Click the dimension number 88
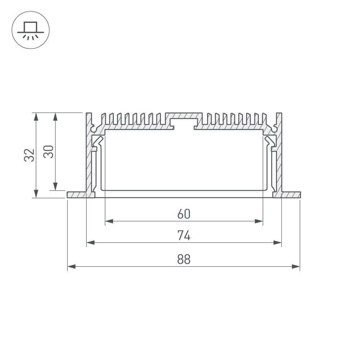[184, 259]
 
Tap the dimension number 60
[184, 214]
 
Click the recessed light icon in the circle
[31, 30]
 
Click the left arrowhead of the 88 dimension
[71, 267]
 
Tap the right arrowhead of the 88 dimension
[296, 267]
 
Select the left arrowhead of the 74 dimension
[90, 243]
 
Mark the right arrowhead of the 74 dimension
[278, 243]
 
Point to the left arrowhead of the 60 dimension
[109, 221]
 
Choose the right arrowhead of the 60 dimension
[259, 221]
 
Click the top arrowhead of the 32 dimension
[36, 117]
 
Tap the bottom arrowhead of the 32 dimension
[36, 194]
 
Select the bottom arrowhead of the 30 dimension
[55, 186]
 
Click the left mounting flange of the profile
[77, 195]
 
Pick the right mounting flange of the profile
[291, 195]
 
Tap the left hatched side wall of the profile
[89, 158]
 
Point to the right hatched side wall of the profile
[279, 158]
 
